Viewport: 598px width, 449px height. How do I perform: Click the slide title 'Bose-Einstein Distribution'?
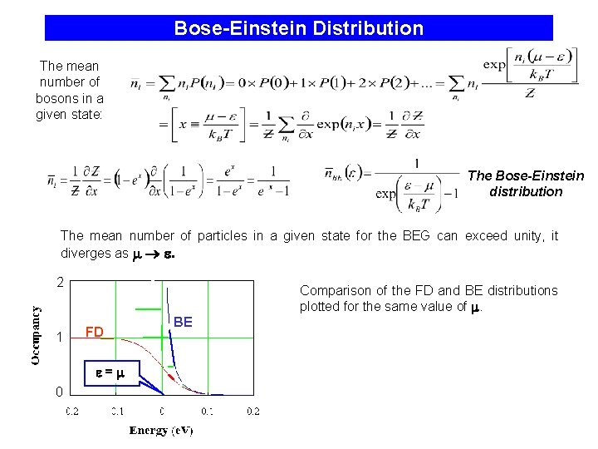(298, 28)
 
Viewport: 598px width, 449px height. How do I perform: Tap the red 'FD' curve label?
(95, 333)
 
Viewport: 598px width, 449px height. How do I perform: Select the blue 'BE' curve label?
(183, 322)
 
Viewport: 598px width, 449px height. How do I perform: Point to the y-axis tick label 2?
(60, 283)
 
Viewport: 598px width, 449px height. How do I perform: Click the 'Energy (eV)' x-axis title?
(161, 430)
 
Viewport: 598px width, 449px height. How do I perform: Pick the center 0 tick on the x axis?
(162, 411)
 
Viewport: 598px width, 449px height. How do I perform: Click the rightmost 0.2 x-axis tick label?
(252, 411)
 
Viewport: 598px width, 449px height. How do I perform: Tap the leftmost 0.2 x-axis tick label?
(72, 411)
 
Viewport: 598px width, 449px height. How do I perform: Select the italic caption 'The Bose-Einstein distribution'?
(526, 184)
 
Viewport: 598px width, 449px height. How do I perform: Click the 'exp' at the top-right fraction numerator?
(495, 64)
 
